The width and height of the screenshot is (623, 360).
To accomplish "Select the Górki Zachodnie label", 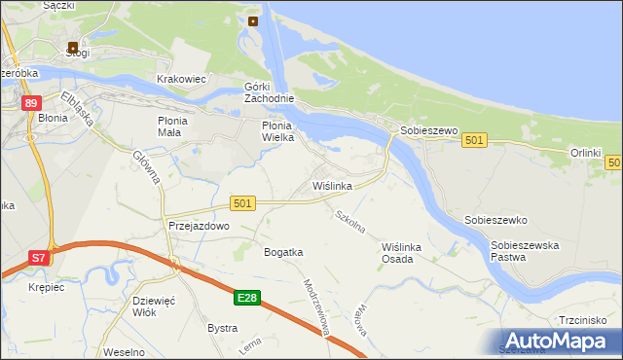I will (x=267, y=93).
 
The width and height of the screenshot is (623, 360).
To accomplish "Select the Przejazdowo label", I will (x=198, y=226).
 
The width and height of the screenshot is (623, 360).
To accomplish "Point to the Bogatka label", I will (x=284, y=252).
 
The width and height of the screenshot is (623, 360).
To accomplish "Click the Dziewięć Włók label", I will (x=153, y=307).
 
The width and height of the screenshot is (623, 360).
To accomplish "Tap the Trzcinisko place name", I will (x=583, y=320).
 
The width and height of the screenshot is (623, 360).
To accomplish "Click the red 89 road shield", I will (x=33, y=104).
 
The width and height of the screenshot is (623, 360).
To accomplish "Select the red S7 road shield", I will (x=38, y=258).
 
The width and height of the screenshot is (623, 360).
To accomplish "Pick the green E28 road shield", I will (x=247, y=298).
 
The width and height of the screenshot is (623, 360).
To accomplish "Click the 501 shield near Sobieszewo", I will (x=474, y=141).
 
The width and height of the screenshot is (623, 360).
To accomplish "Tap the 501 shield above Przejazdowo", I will (x=243, y=202).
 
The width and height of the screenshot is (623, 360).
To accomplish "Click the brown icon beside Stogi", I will (x=73, y=46).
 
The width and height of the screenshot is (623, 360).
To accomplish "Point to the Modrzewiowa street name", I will (x=320, y=309).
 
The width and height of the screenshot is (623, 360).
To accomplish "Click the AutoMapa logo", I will (x=556, y=341).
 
